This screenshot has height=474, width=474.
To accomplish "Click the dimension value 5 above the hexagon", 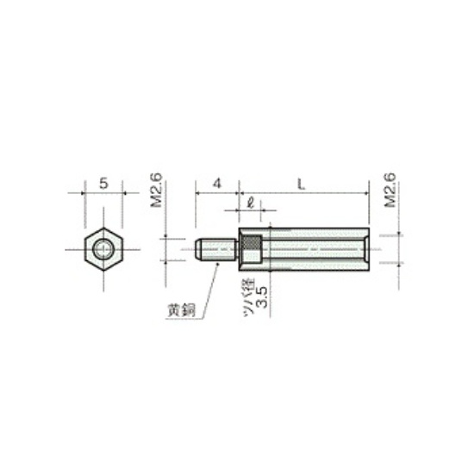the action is click(103, 184).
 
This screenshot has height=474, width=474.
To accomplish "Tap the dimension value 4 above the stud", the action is click(217, 184).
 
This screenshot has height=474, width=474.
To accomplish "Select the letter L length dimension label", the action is click(301, 184).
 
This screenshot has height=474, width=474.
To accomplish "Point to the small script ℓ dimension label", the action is click(250, 203).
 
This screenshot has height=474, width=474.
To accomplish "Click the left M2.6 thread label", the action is click(157, 190).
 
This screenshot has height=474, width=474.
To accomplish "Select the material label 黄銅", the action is click(182, 310).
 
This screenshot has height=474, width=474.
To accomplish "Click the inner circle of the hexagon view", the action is click(103, 250).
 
